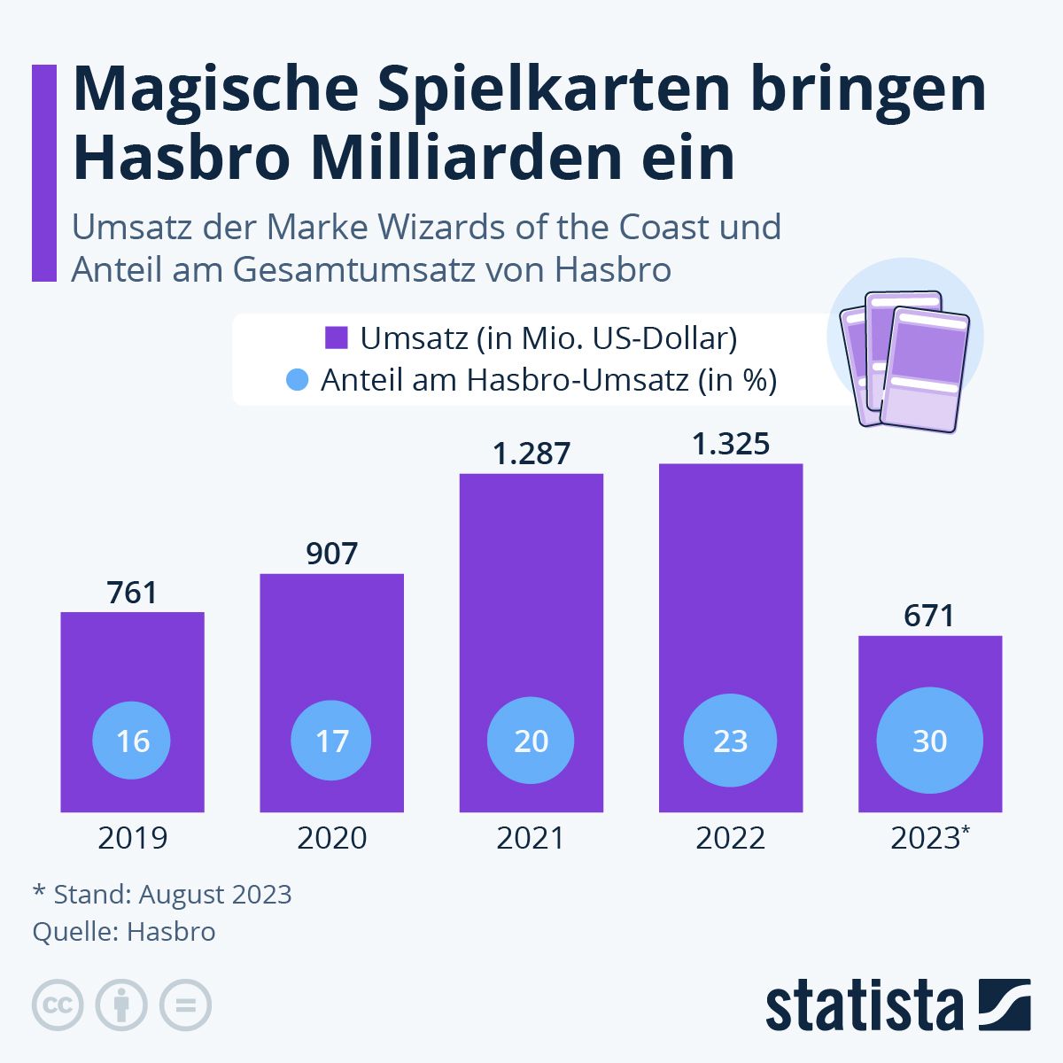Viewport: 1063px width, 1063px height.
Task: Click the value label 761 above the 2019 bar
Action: click(132, 593)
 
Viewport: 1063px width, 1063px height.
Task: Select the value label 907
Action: click(331, 554)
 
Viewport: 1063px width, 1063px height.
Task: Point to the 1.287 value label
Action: click(531, 454)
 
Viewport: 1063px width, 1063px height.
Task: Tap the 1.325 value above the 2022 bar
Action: click(731, 444)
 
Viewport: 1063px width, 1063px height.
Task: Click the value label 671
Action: click(929, 616)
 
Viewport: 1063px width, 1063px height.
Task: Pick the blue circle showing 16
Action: click(132, 741)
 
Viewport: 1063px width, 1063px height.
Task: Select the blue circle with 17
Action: click(331, 741)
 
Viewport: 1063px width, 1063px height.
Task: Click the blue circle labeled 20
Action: click(531, 741)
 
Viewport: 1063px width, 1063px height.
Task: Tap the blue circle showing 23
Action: click(731, 741)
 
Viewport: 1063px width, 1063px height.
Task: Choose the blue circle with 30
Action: click(929, 741)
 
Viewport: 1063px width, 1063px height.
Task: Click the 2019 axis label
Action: click(132, 838)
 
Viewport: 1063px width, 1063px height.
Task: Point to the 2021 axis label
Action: click(531, 838)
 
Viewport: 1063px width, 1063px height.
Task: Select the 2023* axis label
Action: click(929, 838)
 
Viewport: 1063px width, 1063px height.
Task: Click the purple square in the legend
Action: click(336, 338)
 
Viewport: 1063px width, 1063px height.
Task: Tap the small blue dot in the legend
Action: click(298, 380)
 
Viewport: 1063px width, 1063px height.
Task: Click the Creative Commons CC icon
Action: click(58, 1005)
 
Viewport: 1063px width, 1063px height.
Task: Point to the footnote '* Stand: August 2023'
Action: click(162, 894)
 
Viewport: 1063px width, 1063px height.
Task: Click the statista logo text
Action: click(864, 1005)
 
